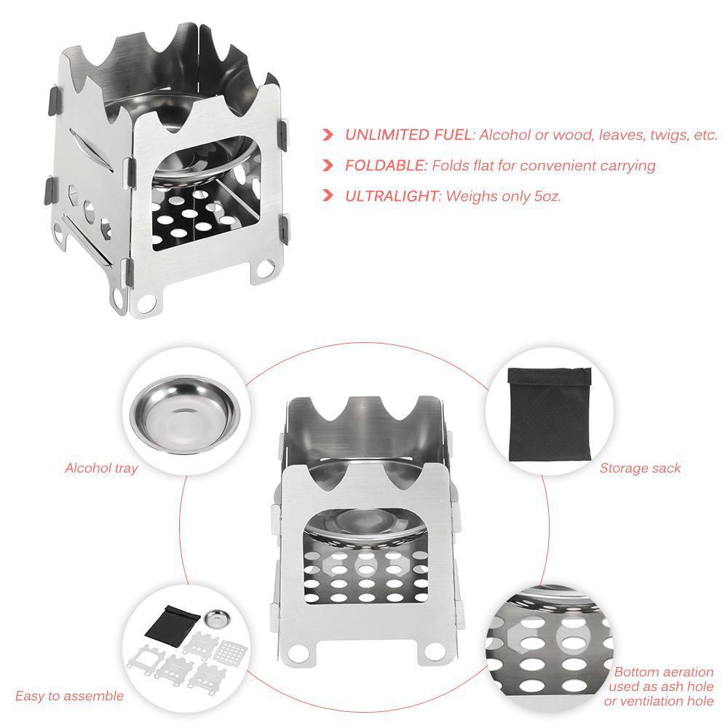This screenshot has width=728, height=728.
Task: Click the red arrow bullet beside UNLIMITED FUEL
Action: pos(328,135)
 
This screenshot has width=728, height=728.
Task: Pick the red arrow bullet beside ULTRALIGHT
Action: pos(328,196)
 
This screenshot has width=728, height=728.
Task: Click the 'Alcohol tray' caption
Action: pos(101,468)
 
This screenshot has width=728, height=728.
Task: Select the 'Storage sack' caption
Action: pos(640,468)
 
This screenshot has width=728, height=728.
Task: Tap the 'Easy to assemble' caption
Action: pos(69,696)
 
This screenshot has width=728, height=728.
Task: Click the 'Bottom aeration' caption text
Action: pos(663,672)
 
